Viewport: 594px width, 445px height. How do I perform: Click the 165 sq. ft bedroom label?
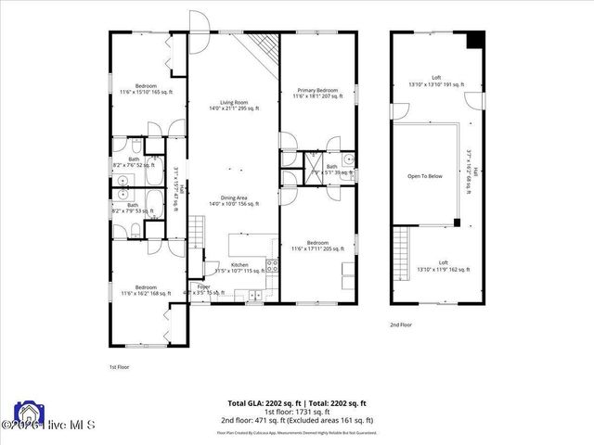pos(146,89)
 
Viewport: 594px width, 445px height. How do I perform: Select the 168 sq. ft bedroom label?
pos(146,290)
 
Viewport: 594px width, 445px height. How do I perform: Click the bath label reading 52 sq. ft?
pos(133,162)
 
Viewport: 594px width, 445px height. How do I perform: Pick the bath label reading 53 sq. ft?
pos(133,209)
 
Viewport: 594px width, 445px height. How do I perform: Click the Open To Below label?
pos(425,175)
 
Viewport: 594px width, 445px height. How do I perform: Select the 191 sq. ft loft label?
pos(435,81)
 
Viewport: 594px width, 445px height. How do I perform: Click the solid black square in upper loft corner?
pos(475,41)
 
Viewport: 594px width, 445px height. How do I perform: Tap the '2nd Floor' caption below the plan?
pos(401,325)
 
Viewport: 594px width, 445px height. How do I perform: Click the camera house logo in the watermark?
pos(27,413)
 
